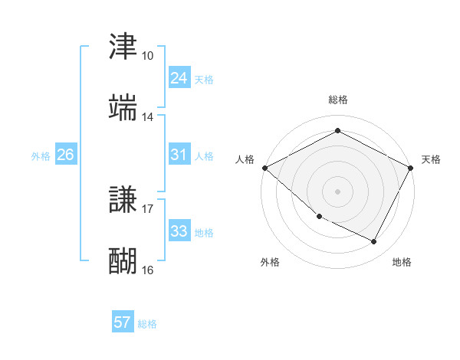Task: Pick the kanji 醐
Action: point(123,261)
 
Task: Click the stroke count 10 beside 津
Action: point(148,56)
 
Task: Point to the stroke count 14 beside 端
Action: point(148,117)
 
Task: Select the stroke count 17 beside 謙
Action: point(148,208)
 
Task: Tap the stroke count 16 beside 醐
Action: point(148,270)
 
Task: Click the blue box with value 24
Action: point(179,77)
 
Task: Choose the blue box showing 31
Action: point(179,155)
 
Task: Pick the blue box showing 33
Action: point(179,231)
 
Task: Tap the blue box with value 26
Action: point(65,155)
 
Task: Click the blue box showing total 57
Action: point(122,322)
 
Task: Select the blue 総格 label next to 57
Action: point(147,324)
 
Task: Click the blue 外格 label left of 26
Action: point(41,156)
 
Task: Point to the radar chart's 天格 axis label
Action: point(431,159)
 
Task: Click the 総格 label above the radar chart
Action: point(338,100)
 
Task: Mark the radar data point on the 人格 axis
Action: point(264,168)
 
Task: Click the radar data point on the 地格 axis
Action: point(374,242)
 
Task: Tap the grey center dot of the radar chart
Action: point(337,191)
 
